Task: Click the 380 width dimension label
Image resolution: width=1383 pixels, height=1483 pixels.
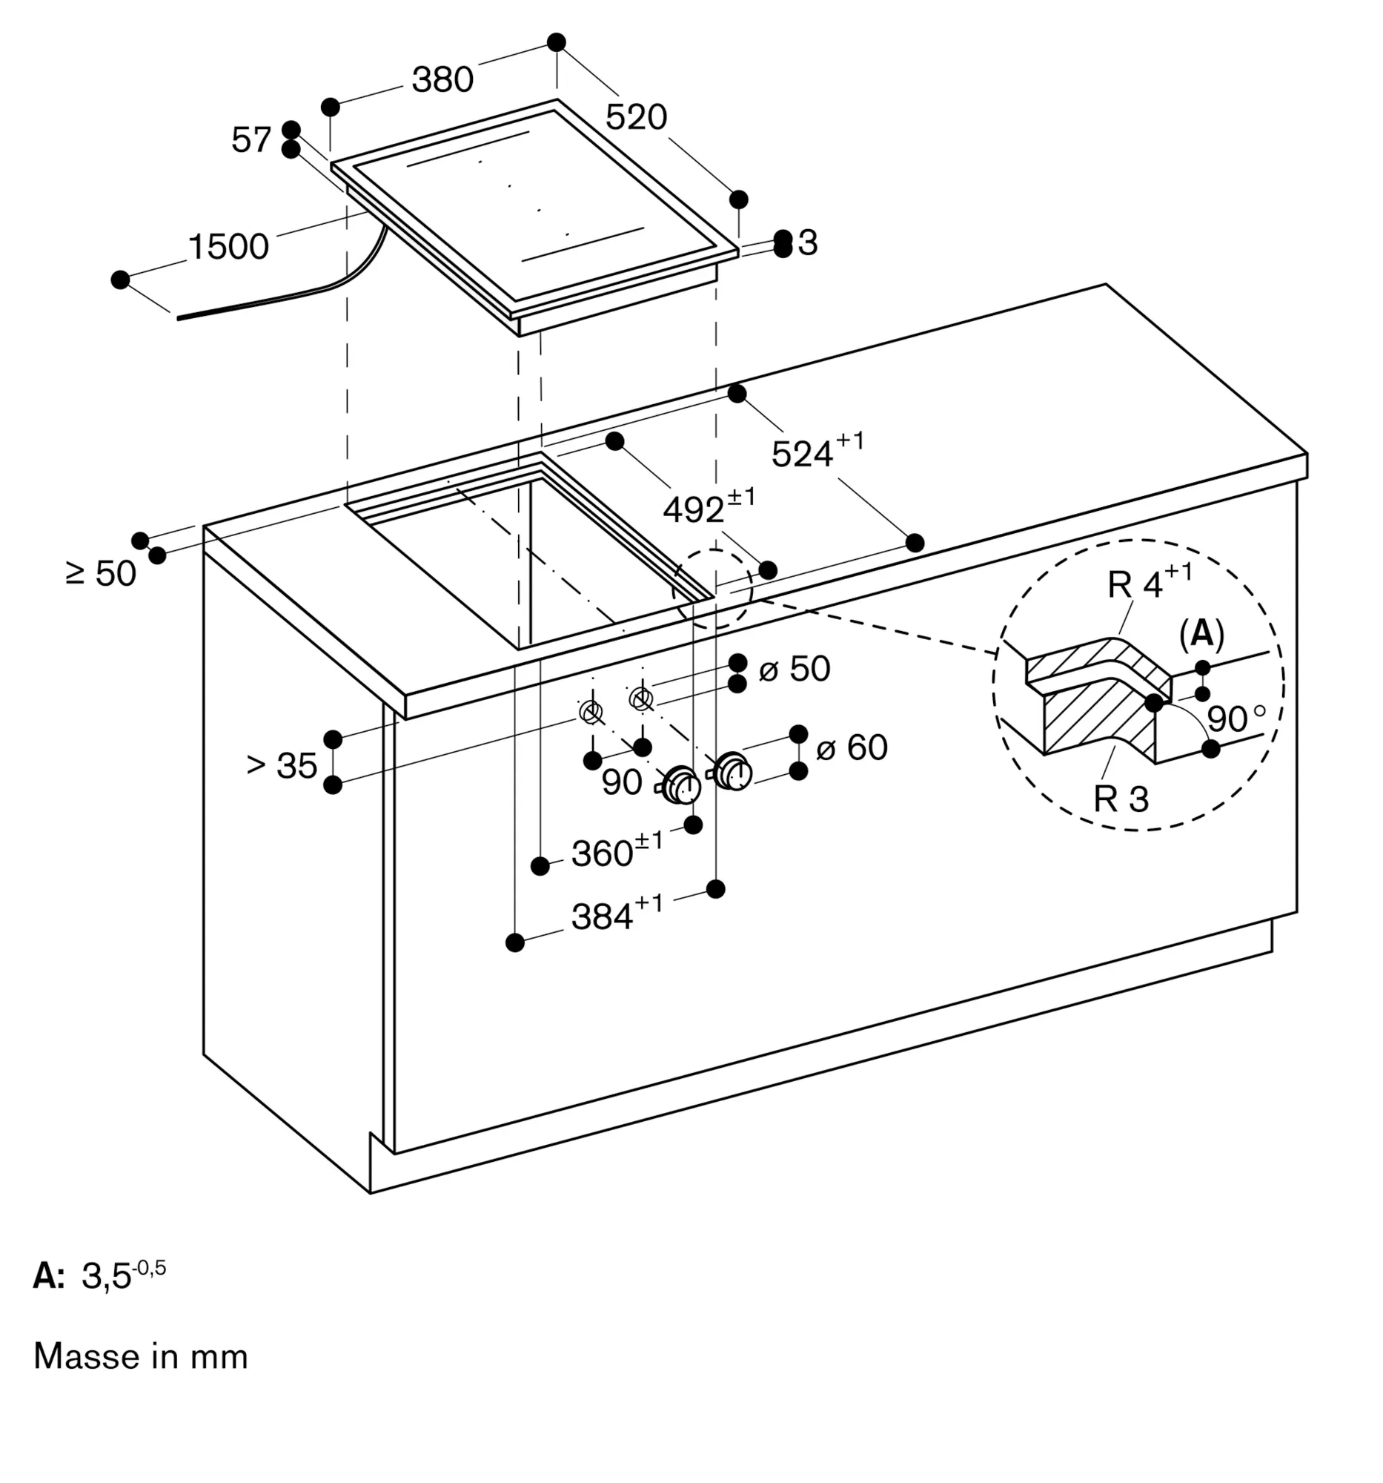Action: tap(443, 79)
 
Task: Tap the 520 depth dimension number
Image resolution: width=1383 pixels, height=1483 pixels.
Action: tap(636, 117)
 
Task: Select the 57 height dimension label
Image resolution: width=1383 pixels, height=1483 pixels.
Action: tap(251, 139)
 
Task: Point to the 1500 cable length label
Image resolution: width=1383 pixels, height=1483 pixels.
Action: tap(228, 246)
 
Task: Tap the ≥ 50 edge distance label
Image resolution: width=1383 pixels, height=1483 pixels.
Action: tap(101, 574)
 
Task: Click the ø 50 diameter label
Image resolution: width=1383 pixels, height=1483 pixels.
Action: tap(794, 668)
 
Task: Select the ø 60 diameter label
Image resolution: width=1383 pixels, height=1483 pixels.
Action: tap(852, 747)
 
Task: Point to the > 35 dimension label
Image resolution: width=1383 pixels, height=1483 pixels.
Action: tap(282, 765)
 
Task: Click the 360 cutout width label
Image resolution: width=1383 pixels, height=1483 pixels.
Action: tap(617, 850)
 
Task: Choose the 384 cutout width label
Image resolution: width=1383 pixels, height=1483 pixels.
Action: tap(617, 913)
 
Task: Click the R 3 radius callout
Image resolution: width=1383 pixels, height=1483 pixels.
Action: tap(1121, 798)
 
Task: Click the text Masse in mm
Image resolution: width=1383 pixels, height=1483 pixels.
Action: tap(141, 1356)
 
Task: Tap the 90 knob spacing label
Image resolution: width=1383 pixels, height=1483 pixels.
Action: tap(622, 782)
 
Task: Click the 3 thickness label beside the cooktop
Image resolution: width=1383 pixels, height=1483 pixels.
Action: tap(807, 242)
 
